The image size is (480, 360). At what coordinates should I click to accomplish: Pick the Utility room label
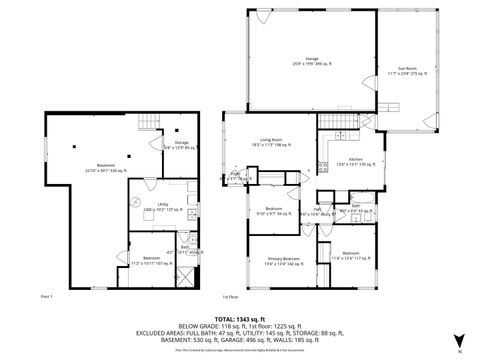(x=148, y=208)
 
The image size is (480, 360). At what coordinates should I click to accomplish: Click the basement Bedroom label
(x=148, y=262)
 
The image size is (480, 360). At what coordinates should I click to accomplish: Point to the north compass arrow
(x=459, y=337)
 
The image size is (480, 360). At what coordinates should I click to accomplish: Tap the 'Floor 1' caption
(x=46, y=297)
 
